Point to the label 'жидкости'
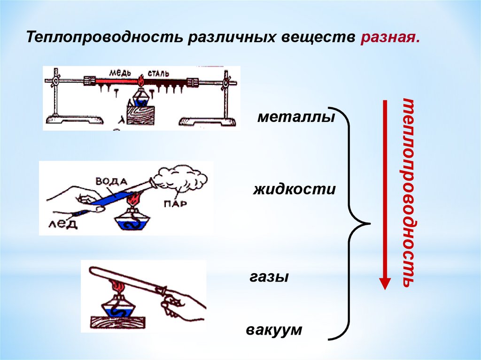coord(295,190)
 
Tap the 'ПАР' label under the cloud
coord(175,204)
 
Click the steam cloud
coord(180,181)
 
